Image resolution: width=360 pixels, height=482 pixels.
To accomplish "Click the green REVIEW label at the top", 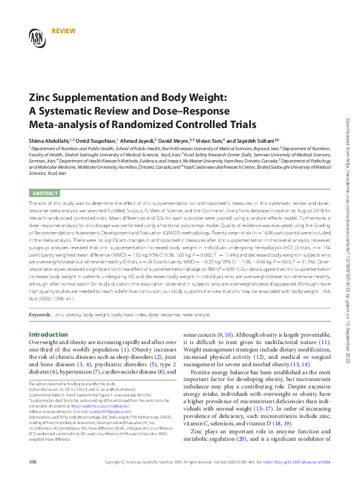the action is [x=65, y=30].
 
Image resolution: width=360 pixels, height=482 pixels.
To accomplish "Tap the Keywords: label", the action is [x=40, y=315].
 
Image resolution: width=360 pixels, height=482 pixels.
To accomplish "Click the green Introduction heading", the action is [x=49, y=335].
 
